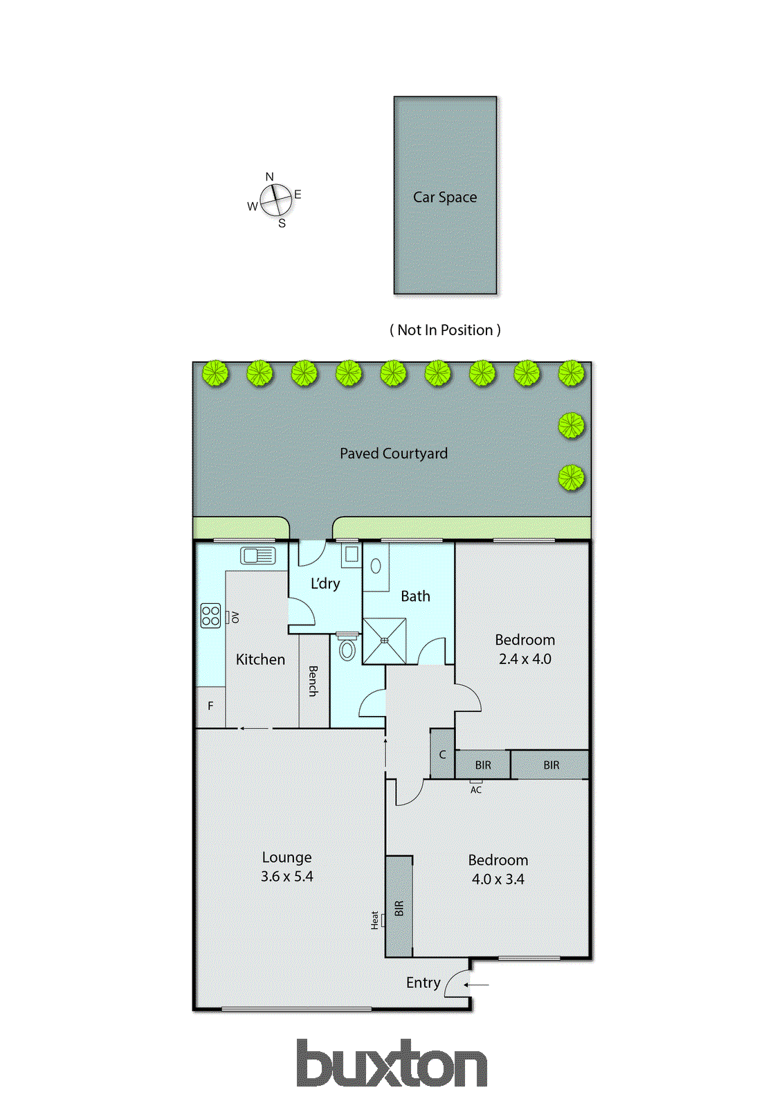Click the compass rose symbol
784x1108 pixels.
[x=275, y=200]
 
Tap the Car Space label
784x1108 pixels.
[x=445, y=197]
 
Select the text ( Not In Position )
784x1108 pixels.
[x=445, y=330]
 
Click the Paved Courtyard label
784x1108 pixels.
[x=393, y=454]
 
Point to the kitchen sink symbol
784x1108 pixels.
[x=258, y=555]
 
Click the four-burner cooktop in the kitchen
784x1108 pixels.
[x=210, y=616]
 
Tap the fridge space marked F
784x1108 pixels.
[x=210, y=706]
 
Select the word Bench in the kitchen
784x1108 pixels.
[x=313, y=681]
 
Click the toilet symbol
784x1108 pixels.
[x=347, y=649]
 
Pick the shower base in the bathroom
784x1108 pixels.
[x=384, y=641]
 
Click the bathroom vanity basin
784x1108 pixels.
[x=376, y=566]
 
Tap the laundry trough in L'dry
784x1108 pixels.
[x=351, y=554]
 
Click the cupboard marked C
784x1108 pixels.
[x=443, y=754]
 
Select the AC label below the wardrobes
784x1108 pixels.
[x=476, y=789]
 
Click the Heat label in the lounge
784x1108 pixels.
[x=375, y=920]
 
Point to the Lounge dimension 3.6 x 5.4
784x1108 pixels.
[x=286, y=877]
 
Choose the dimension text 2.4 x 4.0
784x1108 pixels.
[x=525, y=659]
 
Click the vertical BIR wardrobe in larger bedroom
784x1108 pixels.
[x=399, y=908]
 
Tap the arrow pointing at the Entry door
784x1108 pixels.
[x=477, y=985]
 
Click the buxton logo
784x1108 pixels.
[x=392, y=1064]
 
